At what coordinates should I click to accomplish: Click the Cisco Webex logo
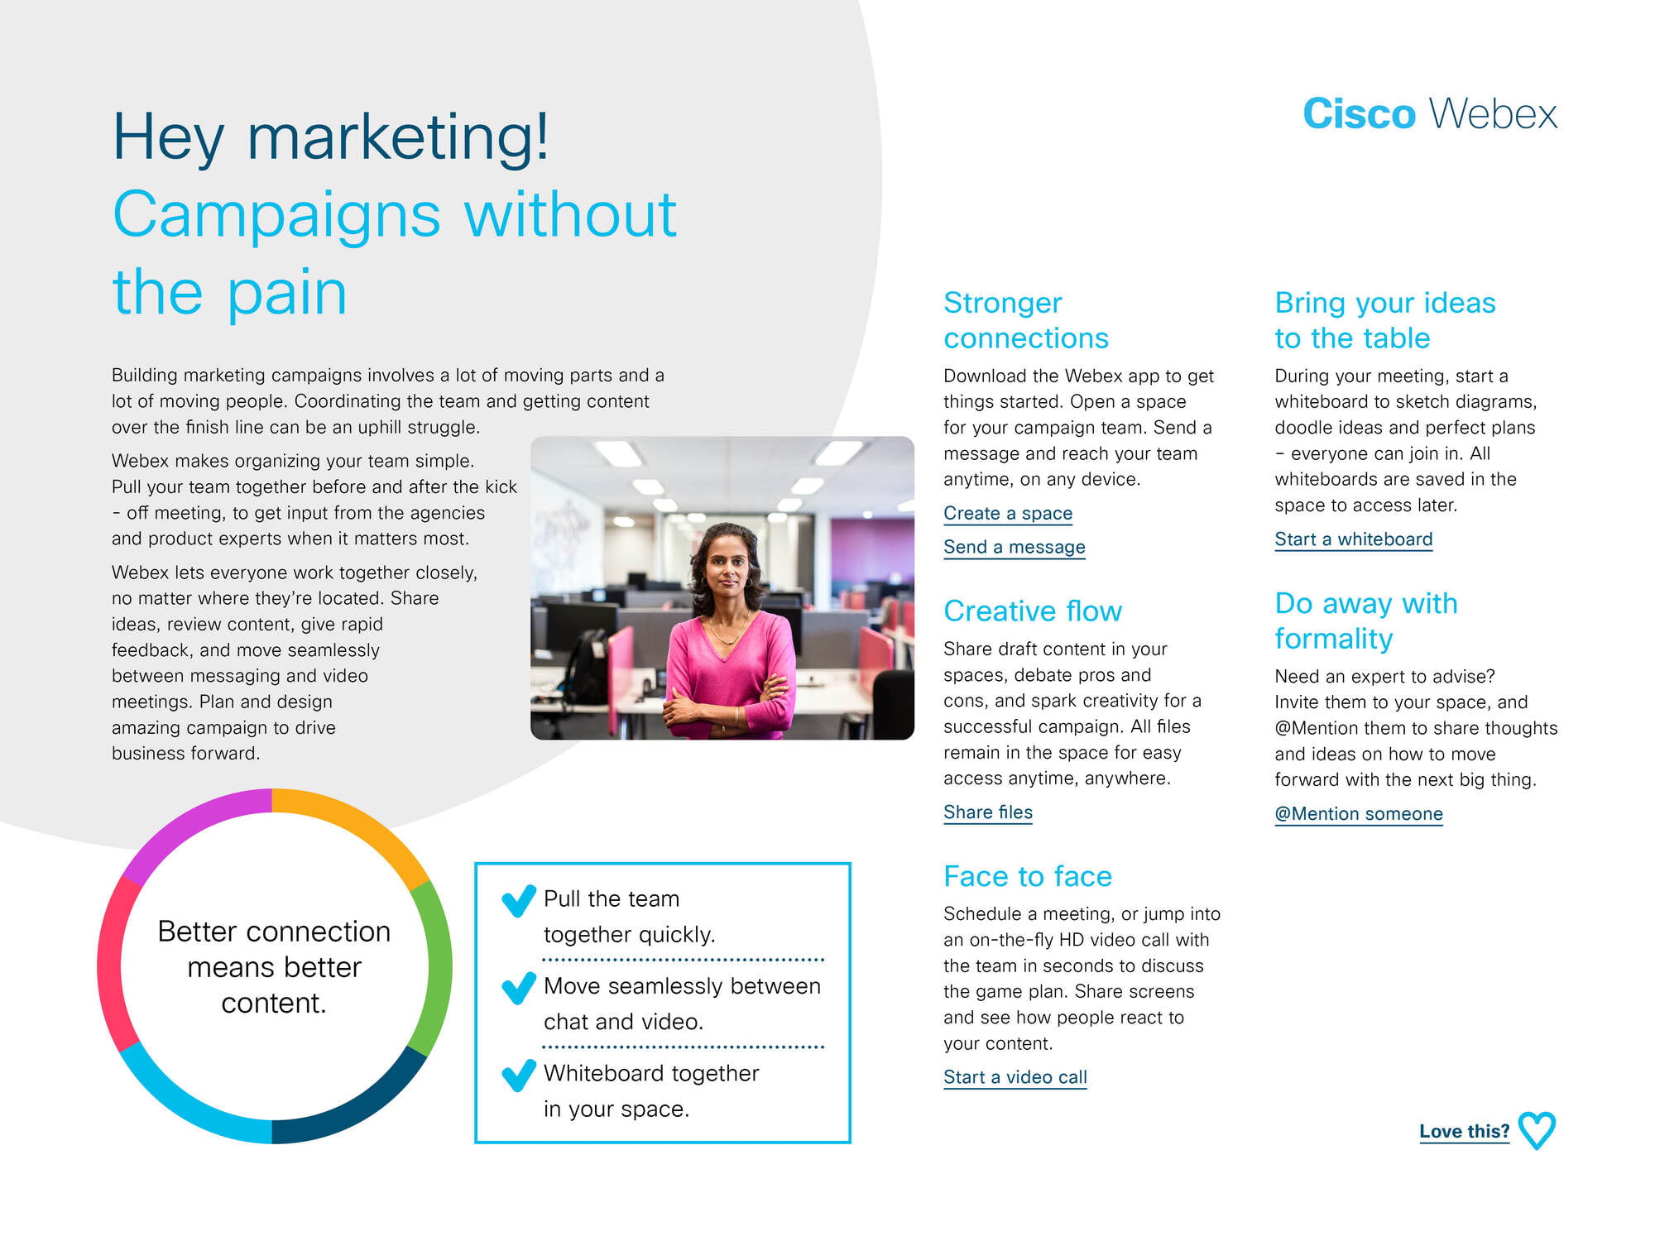(x=1430, y=113)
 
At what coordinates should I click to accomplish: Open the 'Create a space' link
(x=1008, y=514)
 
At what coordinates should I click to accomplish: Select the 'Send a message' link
(x=1015, y=548)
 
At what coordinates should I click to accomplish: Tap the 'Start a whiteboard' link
(x=1354, y=539)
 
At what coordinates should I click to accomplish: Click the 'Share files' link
(x=988, y=812)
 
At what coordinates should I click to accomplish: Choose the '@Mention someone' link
(x=1359, y=814)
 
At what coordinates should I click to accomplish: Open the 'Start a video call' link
(x=1015, y=1077)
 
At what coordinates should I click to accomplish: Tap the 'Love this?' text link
(x=1465, y=1131)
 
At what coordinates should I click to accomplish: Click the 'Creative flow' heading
(x=1033, y=611)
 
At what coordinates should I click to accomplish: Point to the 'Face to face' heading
(x=1028, y=876)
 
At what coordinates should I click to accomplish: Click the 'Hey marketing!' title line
(x=331, y=137)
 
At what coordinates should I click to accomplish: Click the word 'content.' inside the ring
(x=274, y=1004)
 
